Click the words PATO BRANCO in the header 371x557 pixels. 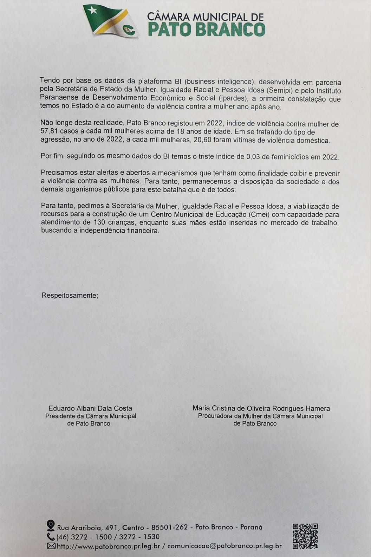pyautogui.click(x=206, y=30)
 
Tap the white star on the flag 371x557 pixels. pyautogui.click(x=93, y=11)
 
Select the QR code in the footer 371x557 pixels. pyautogui.click(x=305, y=536)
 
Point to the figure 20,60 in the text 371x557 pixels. pyautogui.click(x=198, y=141)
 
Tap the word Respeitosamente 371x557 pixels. pyautogui.click(x=70, y=295)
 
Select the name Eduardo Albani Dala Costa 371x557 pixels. pyautogui.click(x=90, y=408)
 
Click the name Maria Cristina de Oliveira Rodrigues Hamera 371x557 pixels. pyautogui.click(x=261, y=408)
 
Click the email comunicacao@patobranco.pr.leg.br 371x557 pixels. pyautogui.click(x=224, y=546)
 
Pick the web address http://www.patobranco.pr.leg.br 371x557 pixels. pyautogui.click(x=109, y=546)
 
